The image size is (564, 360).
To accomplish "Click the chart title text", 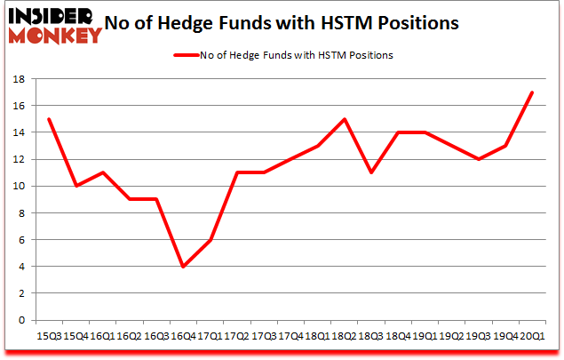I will pyautogui.click(x=282, y=24).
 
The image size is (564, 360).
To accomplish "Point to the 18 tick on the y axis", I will pyautogui.click(x=17, y=79).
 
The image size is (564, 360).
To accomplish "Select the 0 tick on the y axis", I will pyautogui.click(x=20, y=320).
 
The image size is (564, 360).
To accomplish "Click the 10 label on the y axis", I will pyautogui.click(x=17, y=187).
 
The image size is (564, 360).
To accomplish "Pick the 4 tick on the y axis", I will pyautogui.click(x=20, y=267).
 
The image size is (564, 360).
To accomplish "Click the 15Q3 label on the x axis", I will pyautogui.click(x=50, y=336).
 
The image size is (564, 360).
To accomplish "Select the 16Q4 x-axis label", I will pyautogui.click(x=182, y=336).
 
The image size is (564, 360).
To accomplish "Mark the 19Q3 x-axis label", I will pyautogui.click(x=477, y=336).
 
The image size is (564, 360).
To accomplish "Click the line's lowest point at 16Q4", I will pyautogui.click(x=182, y=267).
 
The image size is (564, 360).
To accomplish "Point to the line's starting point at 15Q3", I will pyautogui.click(x=50, y=119).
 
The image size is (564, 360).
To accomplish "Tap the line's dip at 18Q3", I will pyautogui.click(x=370, y=172).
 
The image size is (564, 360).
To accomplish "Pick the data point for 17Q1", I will pyautogui.click(x=210, y=240).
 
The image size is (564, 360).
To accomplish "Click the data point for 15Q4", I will pyautogui.click(x=76, y=186).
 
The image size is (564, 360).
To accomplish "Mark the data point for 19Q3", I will pyautogui.click(x=477, y=159).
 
